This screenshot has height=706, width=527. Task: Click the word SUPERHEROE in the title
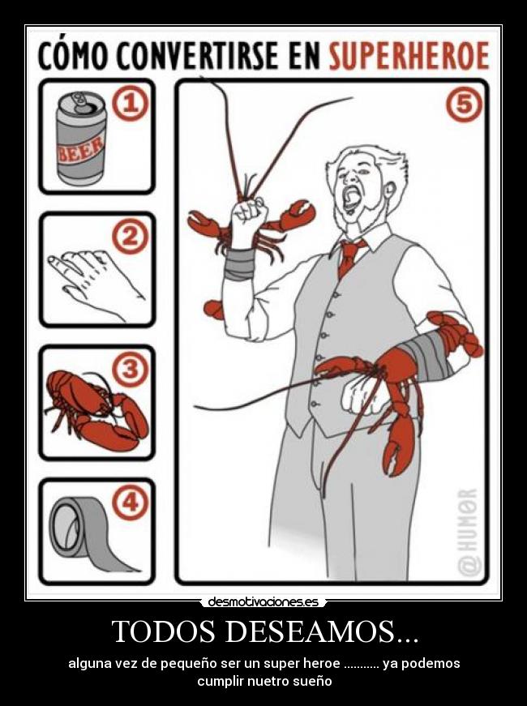click(409, 56)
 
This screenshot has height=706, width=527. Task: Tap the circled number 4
click(131, 503)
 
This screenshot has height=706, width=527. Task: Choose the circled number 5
click(464, 104)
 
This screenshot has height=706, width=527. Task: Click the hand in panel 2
click(96, 279)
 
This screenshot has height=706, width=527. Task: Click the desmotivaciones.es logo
click(263, 602)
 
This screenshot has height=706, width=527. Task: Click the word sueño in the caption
click(311, 681)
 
